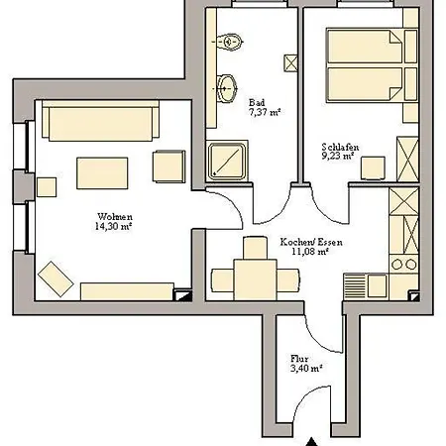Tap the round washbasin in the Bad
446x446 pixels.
pos(227,88)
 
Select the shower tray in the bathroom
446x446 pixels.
pos(227,162)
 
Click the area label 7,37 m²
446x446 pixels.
pos(265,112)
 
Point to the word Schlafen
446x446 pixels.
pos(340,147)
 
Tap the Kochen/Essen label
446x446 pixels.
pos(311,242)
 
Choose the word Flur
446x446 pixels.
pos(299,359)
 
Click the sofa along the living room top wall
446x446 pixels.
pos(101,121)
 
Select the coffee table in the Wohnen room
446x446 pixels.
pos(102,173)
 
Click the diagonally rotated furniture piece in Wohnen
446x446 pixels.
pos(56,279)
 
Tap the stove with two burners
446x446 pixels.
pos(403,264)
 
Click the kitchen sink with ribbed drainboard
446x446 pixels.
pos(365,286)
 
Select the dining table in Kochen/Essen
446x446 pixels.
pos(255,279)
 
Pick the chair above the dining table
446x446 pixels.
pos(255,248)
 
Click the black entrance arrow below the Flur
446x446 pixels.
pos(311,441)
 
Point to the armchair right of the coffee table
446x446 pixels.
pos(168,167)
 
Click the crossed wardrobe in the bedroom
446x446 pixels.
pos(407,160)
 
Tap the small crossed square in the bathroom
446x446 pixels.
pos(290,62)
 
